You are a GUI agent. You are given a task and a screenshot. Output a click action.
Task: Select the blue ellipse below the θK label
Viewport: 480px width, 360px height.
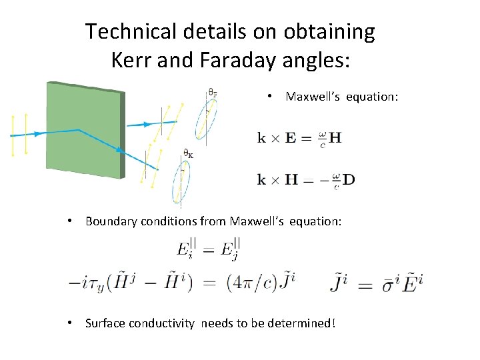pos(180,183)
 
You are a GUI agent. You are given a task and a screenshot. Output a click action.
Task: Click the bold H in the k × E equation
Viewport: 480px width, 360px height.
pos(335,138)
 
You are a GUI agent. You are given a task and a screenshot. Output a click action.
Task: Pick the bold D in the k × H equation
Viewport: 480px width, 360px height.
pos(348,179)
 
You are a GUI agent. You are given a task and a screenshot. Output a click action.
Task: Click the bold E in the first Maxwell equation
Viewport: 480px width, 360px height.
pos(291,138)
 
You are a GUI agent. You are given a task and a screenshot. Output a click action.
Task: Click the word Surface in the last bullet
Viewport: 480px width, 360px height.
pos(105,323)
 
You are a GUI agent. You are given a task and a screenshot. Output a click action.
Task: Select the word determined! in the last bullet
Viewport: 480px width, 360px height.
pos(302,323)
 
